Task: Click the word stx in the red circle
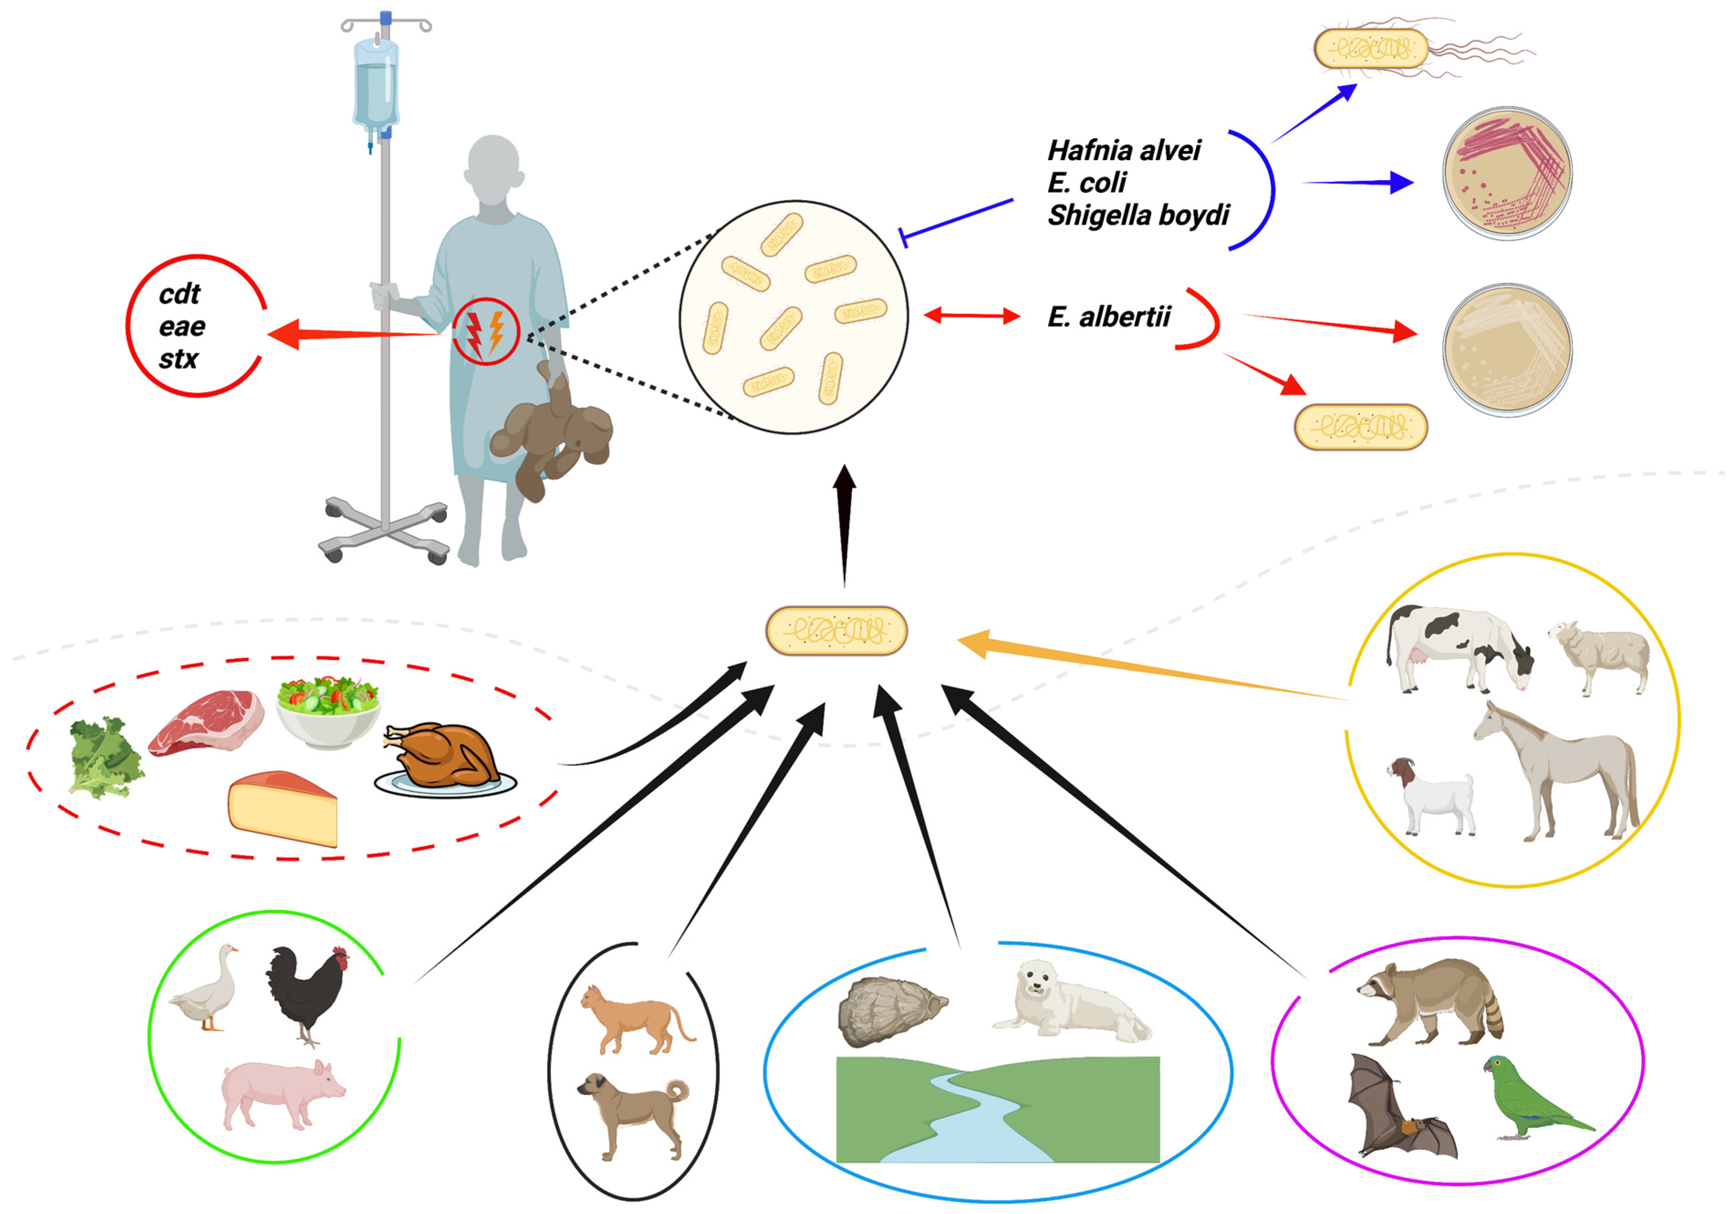point(178,359)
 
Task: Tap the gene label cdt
point(180,294)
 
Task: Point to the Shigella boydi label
point(1138,216)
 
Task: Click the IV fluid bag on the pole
point(376,83)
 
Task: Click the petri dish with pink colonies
point(1507,173)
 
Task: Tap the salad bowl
point(328,711)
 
